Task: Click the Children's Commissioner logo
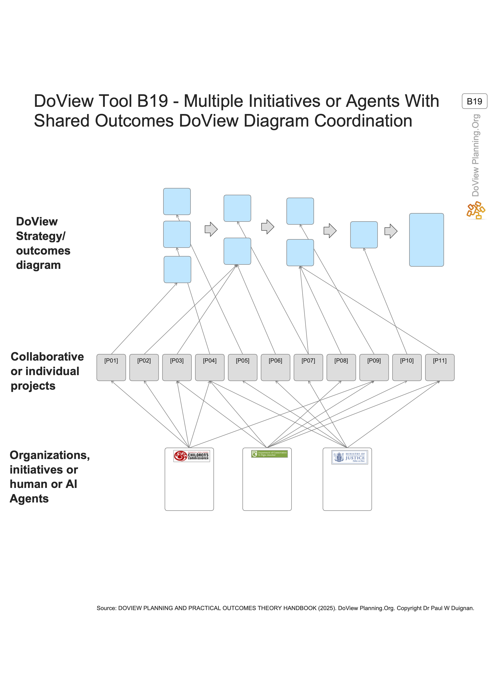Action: tap(191, 456)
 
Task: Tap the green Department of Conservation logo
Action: tap(269, 454)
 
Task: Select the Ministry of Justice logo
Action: tap(350, 457)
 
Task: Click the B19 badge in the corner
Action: tap(474, 101)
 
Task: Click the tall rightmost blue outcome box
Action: tap(426, 240)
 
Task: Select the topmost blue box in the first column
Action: tap(177, 202)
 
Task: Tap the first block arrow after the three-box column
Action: tap(211, 229)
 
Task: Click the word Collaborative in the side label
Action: tap(47, 357)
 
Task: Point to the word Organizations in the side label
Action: tap(50, 455)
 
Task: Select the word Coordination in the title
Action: tap(363, 121)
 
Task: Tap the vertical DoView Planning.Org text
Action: tap(475, 155)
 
